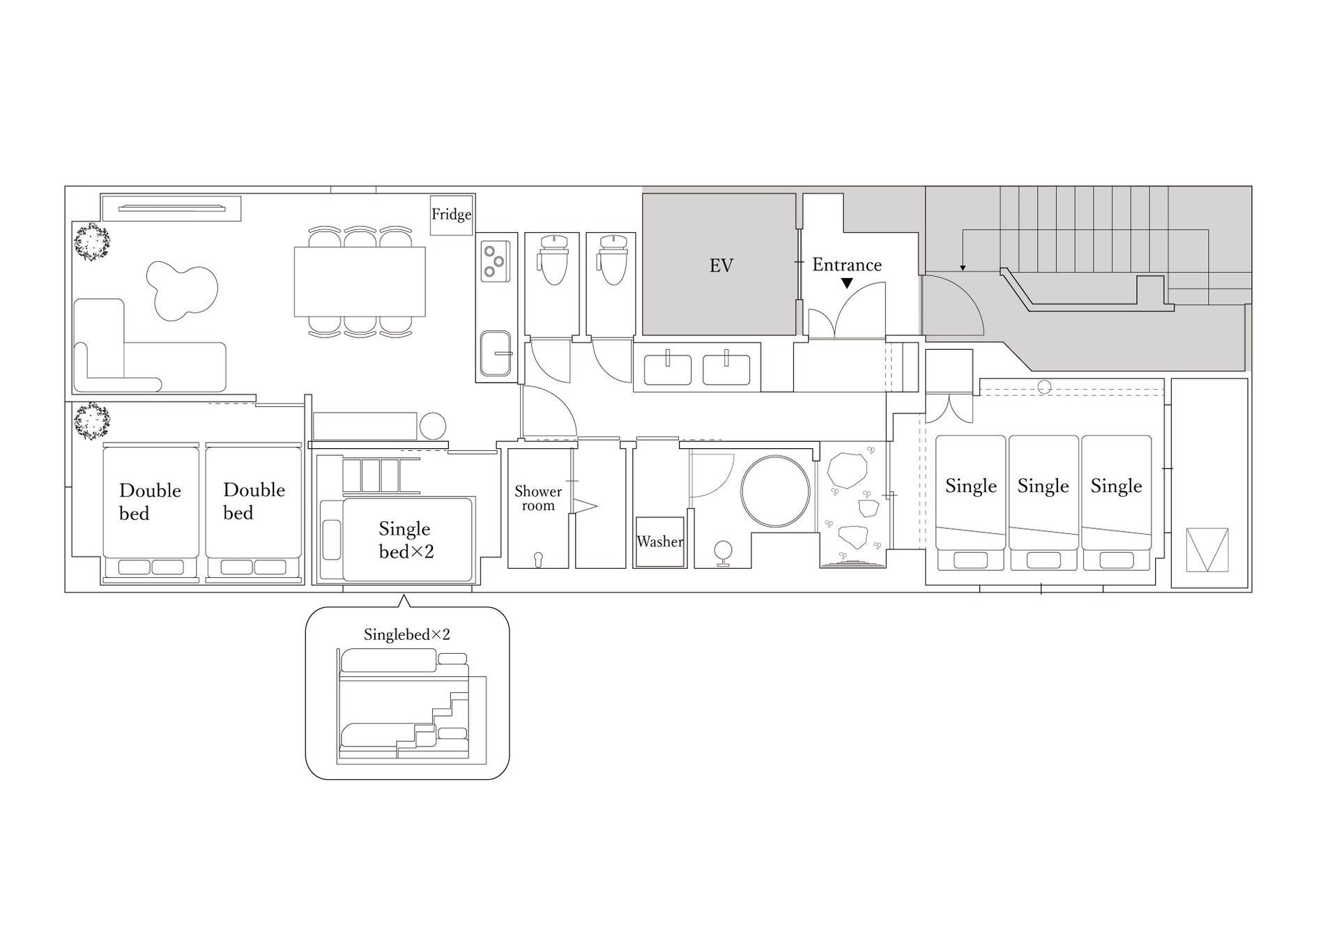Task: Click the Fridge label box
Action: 451,215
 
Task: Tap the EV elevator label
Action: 721,266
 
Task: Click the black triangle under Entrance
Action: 846,283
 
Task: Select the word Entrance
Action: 846,265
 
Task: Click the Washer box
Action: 659,542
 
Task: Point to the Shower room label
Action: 538,498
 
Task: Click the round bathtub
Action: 775,491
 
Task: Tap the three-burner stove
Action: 495,261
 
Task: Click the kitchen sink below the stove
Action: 496,354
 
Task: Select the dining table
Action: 360,282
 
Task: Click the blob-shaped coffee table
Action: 181,291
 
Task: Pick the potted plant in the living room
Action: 92,242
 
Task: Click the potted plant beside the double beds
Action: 92,421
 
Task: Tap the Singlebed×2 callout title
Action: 407,634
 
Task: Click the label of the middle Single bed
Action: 1043,486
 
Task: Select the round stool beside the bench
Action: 432,426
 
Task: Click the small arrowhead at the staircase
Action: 963,268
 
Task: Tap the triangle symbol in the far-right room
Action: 1207,550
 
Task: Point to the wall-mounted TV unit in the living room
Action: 171,208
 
